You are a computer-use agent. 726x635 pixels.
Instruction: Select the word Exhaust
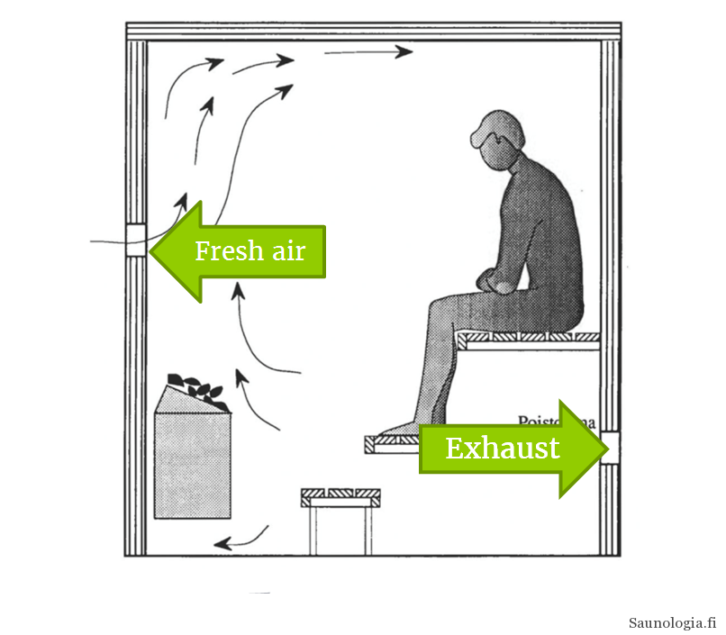point(502,448)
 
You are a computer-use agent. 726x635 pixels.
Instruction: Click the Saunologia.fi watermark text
point(672,622)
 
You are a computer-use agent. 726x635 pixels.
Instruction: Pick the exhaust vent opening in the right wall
point(612,446)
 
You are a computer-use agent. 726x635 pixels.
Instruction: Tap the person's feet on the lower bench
point(402,430)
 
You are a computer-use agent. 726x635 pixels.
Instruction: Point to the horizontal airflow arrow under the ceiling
point(367,52)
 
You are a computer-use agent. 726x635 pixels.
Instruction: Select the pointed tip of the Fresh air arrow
point(154,251)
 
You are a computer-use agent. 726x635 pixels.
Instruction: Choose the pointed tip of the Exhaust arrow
point(598,448)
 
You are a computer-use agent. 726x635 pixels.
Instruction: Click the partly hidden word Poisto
point(540,420)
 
